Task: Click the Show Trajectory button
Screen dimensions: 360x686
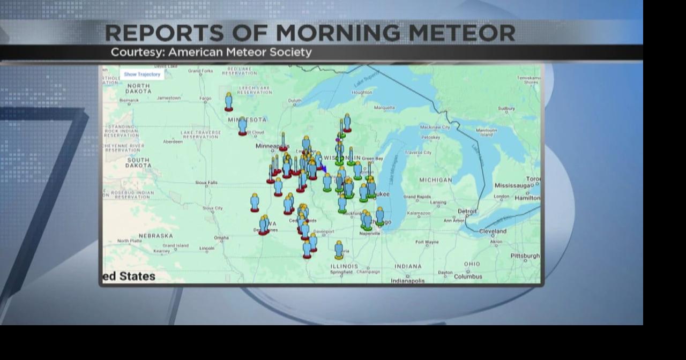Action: coord(141,74)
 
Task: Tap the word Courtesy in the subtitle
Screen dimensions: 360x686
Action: coord(136,52)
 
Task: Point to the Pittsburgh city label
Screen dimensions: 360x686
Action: coord(525,256)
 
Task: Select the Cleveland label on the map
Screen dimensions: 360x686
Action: coord(493,231)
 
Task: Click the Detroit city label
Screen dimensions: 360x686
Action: coord(467,211)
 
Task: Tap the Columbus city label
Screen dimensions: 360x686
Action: coord(468,277)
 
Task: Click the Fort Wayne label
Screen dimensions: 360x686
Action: coord(427,242)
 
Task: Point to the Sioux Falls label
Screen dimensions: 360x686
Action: coord(206,183)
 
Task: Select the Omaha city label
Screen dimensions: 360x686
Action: coord(221,238)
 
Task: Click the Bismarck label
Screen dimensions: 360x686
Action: coord(129,100)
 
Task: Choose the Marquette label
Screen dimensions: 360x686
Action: coord(384,108)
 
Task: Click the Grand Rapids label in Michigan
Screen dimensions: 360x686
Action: coord(417,197)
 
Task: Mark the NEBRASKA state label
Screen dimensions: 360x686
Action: coord(156,236)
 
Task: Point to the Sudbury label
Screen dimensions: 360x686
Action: coord(506,108)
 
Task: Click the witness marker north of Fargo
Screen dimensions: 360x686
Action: coord(229,101)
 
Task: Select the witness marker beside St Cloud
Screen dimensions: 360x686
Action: coord(243,126)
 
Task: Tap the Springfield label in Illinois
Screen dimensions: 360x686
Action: coord(341,272)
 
